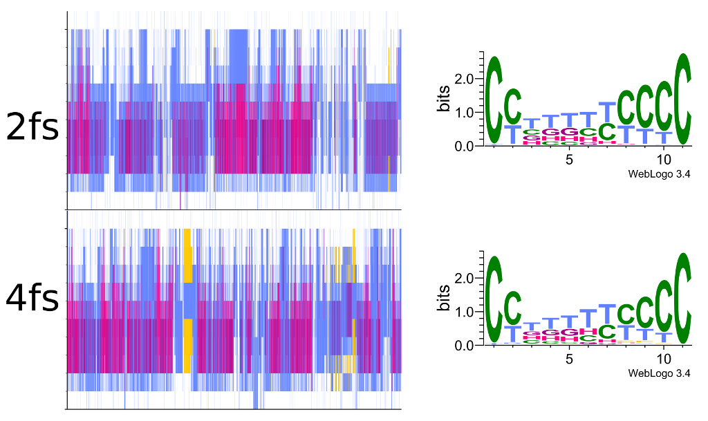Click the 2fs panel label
point(32,127)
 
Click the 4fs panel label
point(32,298)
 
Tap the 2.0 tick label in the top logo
point(465,79)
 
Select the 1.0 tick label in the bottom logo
point(465,312)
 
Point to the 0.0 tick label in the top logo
point(465,146)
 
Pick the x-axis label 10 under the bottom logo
point(664,359)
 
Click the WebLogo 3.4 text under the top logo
point(659,174)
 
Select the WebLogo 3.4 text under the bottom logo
point(659,373)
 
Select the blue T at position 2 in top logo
point(512,134)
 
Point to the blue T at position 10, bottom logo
point(664,337)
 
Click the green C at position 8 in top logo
point(626,107)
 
